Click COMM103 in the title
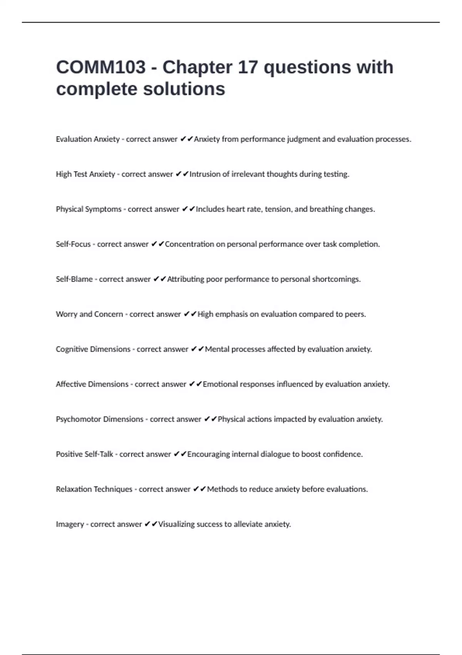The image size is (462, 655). click(101, 67)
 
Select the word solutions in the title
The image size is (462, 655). click(184, 89)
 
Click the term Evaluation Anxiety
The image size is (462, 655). click(88, 139)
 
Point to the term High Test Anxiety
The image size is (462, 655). click(85, 174)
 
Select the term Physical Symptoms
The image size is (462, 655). click(89, 209)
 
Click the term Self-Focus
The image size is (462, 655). click(73, 244)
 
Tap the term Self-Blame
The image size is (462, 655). click(74, 279)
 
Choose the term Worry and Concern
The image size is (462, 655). click(89, 314)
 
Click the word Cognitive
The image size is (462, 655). click(72, 349)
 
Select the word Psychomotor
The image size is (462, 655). click(78, 419)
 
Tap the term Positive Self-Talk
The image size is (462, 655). click(84, 454)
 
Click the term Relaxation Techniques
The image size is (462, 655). click(94, 489)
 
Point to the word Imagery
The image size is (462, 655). click(70, 524)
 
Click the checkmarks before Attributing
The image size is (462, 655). click(160, 279)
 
